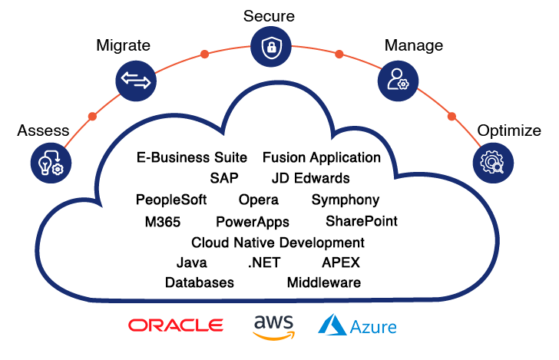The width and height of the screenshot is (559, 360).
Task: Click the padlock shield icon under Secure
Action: tap(270, 48)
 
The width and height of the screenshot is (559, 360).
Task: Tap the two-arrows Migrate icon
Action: tap(134, 79)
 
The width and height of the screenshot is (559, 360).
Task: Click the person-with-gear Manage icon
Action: tap(397, 79)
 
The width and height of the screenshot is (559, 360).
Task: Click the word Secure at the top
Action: tap(269, 16)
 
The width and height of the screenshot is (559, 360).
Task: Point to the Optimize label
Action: tap(509, 130)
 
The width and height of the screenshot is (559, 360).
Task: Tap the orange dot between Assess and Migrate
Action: tap(92, 117)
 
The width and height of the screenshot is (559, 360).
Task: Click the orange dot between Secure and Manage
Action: tap(339, 54)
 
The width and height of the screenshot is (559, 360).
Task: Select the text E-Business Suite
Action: tap(192, 157)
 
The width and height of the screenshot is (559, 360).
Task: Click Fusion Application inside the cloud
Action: tap(322, 157)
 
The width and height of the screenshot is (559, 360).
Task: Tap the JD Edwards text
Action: tap(310, 178)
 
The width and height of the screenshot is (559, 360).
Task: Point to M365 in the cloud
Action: tap(163, 222)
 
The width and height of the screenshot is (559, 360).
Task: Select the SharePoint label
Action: tap(362, 221)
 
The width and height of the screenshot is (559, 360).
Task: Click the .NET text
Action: tap(264, 263)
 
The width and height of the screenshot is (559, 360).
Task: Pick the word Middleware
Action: tap(324, 282)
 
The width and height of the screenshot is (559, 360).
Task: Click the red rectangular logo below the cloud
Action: tap(176, 325)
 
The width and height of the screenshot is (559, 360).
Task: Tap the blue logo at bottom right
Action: tap(357, 325)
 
